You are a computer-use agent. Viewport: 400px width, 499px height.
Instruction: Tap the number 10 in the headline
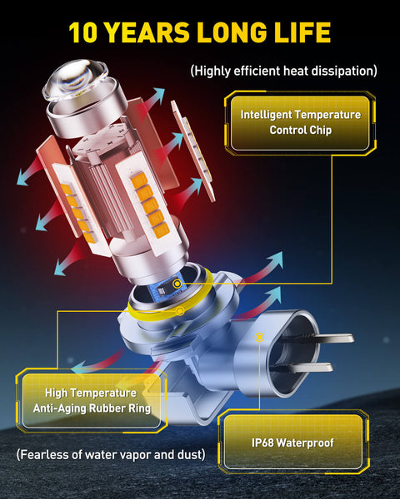(x=85, y=32)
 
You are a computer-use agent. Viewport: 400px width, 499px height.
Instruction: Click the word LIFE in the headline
(x=300, y=32)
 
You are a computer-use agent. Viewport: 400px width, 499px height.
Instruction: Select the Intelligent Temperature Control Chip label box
(x=301, y=122)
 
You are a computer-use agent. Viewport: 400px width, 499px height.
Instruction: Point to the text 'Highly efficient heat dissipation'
(x=283, y=71)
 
